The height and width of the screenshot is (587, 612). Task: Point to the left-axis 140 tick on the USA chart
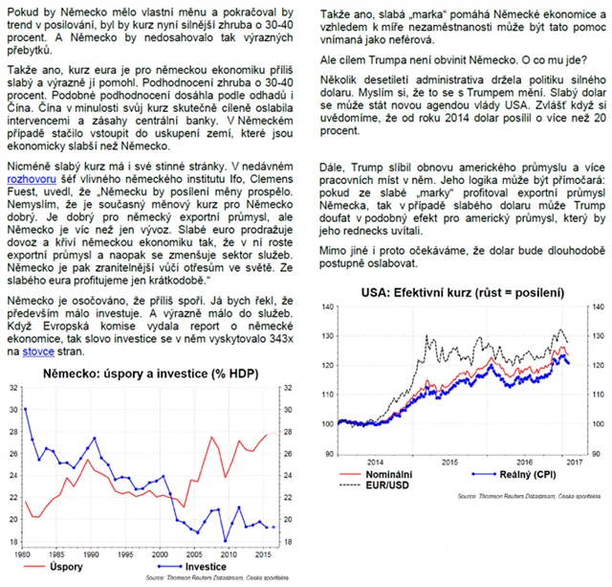coord(330,306)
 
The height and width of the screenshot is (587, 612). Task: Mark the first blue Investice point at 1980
coord(26,409)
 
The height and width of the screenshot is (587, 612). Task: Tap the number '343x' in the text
coord(282,339)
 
